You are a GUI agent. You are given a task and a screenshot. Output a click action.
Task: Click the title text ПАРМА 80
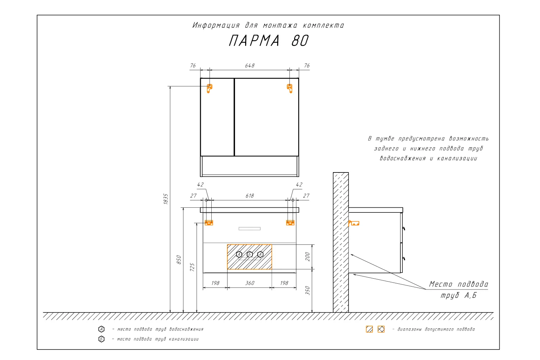pos(269,41)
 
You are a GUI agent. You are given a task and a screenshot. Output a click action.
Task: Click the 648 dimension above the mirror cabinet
pos(250,66)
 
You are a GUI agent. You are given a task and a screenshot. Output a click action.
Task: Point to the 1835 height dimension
pos(166,199)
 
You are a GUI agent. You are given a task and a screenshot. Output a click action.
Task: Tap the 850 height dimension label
pos(179,260)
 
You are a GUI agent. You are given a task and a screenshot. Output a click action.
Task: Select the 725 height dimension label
pos(192,267)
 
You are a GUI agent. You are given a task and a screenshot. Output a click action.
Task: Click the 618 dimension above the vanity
pos(250,196)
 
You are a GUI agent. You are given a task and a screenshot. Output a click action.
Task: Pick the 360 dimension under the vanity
pos(250,283)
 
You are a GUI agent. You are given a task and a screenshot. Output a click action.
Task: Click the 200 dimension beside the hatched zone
pos(307,257)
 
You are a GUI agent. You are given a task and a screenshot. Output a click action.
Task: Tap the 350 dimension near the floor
pos(307,291)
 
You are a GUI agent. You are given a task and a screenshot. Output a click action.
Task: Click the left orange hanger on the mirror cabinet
pos(209,89)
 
